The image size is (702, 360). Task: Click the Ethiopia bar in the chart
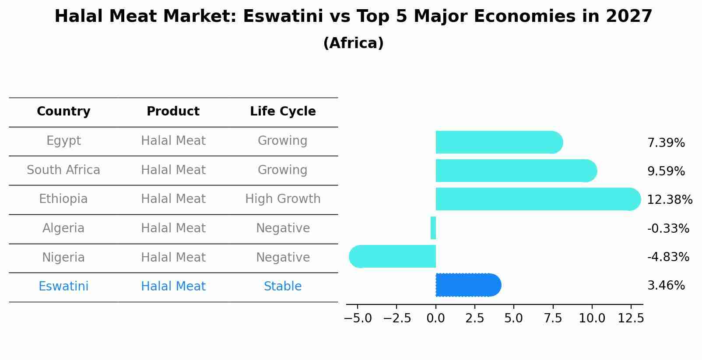[537, 199]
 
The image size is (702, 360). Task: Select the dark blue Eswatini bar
[468, 285]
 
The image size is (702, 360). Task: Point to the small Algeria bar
[433, 228]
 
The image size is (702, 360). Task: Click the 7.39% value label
[666, 143]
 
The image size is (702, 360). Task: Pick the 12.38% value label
[669, 200]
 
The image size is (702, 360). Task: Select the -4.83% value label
[668, 257]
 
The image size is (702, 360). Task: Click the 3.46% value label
[666, 286]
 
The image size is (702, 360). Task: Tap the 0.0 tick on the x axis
[436, 318]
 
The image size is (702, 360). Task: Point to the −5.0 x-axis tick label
[358, 318]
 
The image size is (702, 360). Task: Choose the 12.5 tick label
[631, 318]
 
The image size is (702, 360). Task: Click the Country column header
[63, 112]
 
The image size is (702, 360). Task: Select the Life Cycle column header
[283, 112]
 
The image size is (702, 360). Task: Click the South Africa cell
[63, 170]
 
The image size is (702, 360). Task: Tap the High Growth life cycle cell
[283, 199]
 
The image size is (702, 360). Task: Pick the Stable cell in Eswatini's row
[283, 287]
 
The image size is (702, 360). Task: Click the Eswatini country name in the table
[63, 287]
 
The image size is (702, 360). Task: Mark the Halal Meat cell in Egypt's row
[173, 141]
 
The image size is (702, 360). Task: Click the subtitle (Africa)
[353, 43]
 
